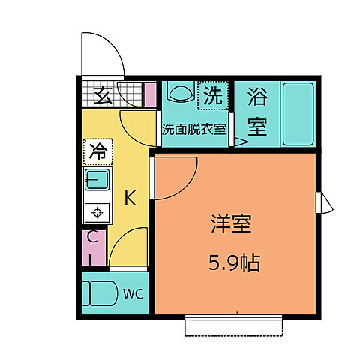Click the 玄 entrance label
tap(103, 96)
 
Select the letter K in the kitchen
tap(130, 199)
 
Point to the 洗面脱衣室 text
tap(194, 128)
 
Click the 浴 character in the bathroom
tap(258, 97)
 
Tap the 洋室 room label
tap(231, 226)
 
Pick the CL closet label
tap(92, 248)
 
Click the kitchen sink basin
tap(97, 180)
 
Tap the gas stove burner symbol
tap(97, 212)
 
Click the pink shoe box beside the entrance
tap(150, 95)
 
